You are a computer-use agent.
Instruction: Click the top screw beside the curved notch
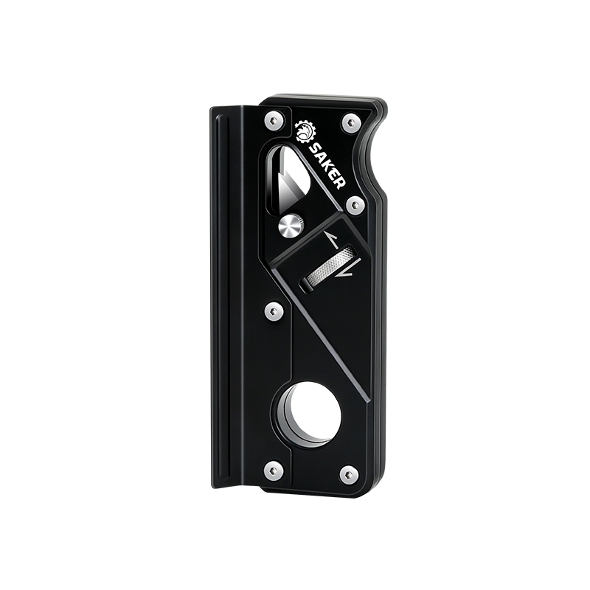click(x=351, y=122)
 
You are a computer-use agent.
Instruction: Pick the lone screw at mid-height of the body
click(x=274, y=311)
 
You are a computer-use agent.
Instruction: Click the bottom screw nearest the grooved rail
click(x=274, y=469)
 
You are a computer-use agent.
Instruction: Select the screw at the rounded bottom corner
click(x=350, y=474)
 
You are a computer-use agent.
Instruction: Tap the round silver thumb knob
click(x=291, y=225)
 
